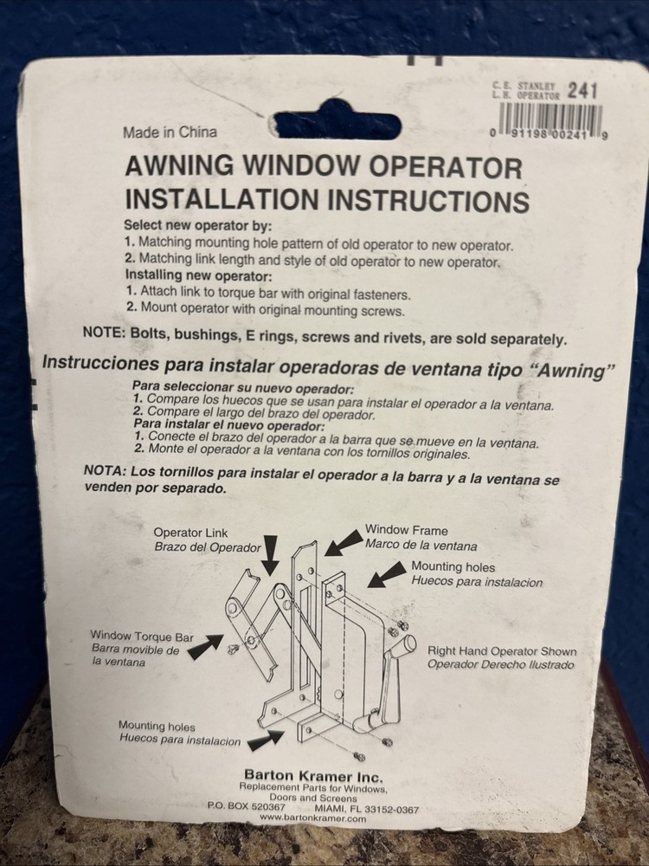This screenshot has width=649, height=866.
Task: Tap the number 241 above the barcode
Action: click(582, 91)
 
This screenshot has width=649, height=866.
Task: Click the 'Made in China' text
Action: click(170, 132)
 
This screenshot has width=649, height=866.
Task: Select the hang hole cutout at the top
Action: click(333, 125)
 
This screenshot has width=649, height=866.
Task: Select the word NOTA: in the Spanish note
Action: click(105, 471)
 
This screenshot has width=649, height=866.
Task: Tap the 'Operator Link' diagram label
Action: click(190, 533)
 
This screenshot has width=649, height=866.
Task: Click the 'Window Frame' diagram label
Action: click(407, 529)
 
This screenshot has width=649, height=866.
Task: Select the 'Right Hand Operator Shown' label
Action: click(501, 650)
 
